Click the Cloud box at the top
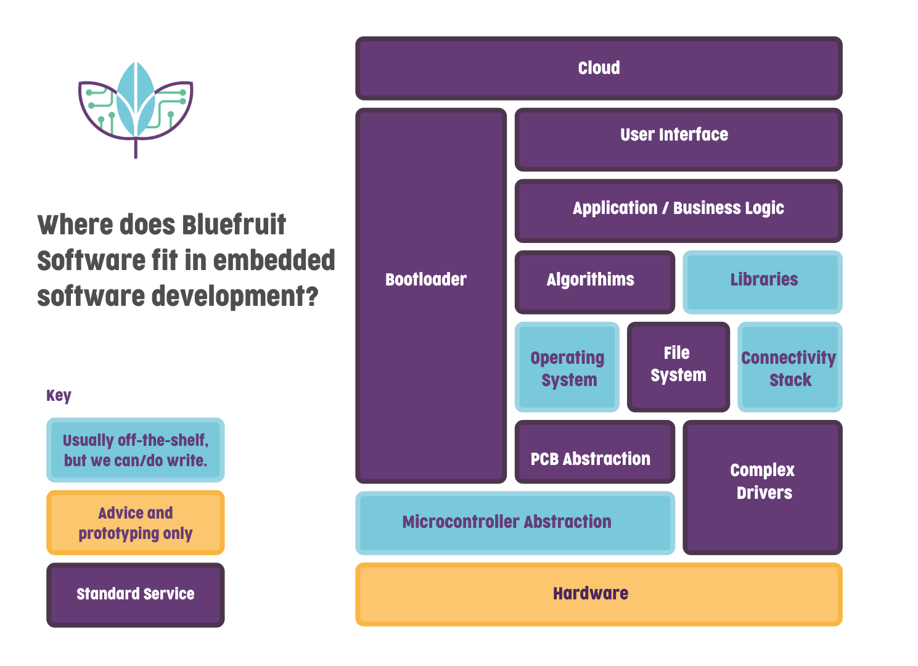599,68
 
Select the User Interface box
678,139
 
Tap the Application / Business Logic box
678,210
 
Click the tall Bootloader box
431,295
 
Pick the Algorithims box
594,282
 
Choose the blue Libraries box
763,282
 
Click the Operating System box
567,367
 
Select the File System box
678,366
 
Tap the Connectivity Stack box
790,367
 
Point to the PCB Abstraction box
594,452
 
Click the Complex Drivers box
763,487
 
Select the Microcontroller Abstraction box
515,523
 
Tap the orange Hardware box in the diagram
599,594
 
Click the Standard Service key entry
136,594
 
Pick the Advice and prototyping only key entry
136,522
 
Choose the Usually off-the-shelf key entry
136,450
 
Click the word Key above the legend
59,395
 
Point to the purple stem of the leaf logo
136,149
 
